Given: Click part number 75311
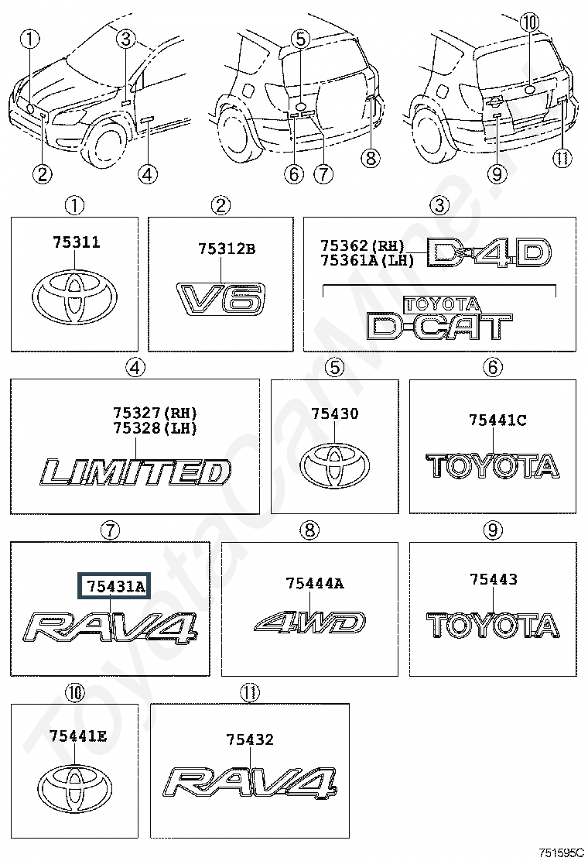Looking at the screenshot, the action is click(77, 242).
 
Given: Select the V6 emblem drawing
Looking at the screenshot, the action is click(221, 300).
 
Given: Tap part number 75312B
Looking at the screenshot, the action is click(227, 249).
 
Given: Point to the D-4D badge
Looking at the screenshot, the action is click(488, 253).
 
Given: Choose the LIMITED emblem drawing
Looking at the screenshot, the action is click(135, 472).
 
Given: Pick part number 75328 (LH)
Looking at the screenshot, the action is click(155, 428).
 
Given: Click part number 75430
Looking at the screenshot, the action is click(334, 413).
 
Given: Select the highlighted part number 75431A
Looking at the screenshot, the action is click(116, 587).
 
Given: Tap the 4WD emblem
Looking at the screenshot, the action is click(310, 623).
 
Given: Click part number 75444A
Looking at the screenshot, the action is click(315, 583).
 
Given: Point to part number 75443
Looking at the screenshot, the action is click(494, 578).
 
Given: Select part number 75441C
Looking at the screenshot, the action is click(497, 420).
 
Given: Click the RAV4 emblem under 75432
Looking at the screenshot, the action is click(250, 782).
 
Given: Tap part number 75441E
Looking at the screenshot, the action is click(78, 736).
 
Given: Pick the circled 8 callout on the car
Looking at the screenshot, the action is click(371, 158).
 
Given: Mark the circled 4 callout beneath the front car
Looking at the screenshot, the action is click(147, 175).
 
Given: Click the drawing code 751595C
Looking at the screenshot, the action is click(561, 852).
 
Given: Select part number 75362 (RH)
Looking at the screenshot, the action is click(363, 245).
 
